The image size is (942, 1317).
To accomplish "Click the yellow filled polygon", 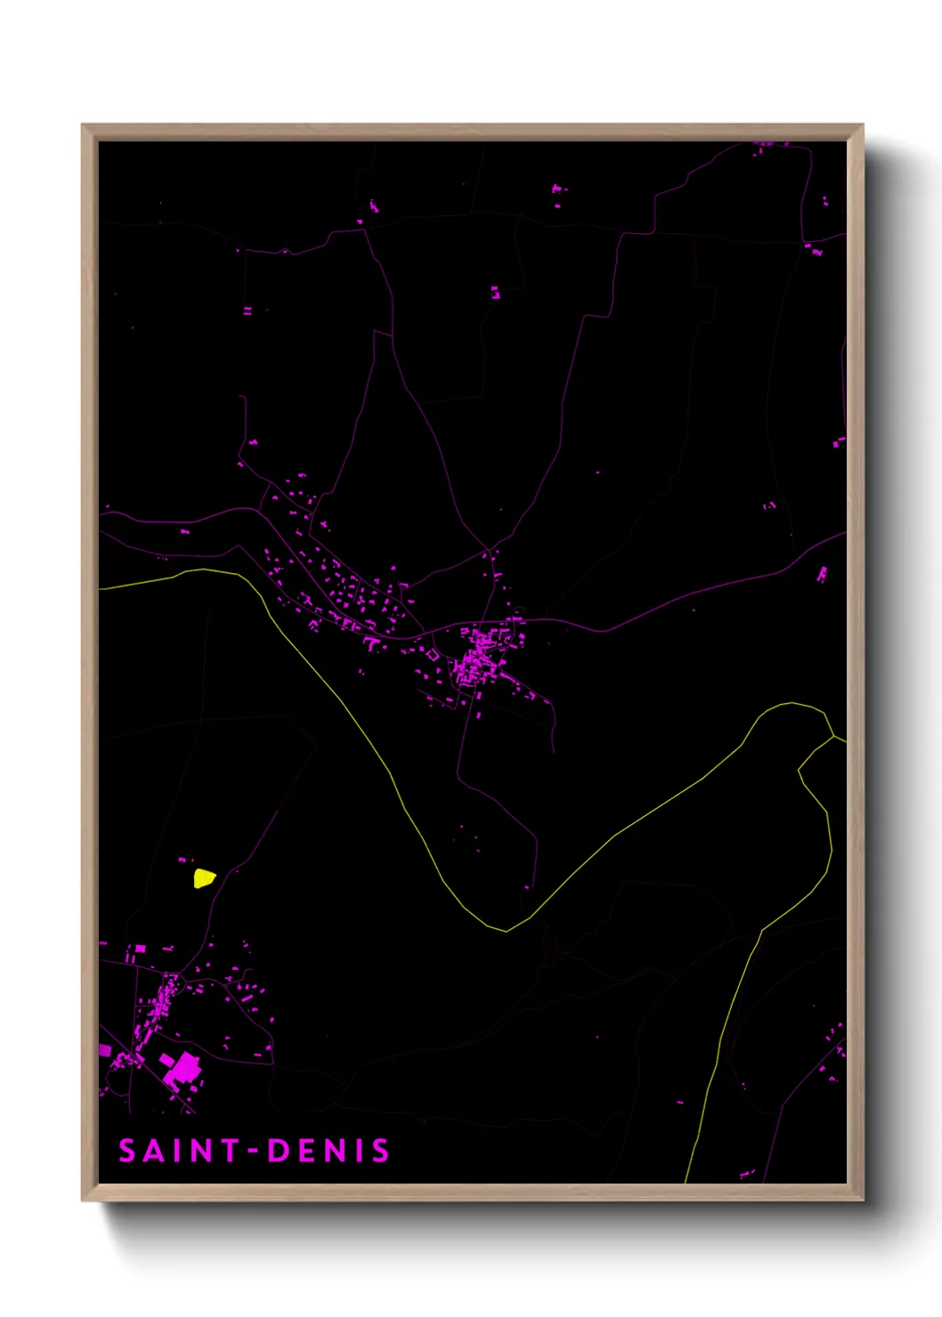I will [x=205, y=879].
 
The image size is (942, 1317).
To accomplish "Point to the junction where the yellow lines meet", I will [x=833, y=737].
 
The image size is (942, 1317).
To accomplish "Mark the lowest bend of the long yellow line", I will [x=506, y=931].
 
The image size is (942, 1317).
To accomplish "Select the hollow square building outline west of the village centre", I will [x=433, y=655].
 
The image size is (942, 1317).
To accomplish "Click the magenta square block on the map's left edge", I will [x=104, y=1051].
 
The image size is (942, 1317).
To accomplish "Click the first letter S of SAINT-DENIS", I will [x=127, y=1151].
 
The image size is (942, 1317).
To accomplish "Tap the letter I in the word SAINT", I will [x=181, y=1151].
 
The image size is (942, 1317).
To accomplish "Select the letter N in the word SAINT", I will [x=203, y=1151].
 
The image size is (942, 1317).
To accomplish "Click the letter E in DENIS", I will [x=306, y=1151].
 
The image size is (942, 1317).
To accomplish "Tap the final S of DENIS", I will [x=381, y=1151].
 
